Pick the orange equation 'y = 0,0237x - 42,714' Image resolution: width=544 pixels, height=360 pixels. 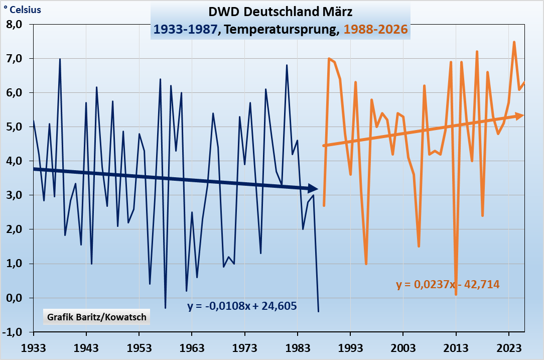(x=448, y=285)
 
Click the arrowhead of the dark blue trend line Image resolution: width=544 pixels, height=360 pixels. (x=313, y=189)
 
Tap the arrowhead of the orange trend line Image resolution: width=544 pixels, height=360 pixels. (x=520, y=115)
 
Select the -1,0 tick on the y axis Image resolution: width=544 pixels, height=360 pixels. (x=16, y=332)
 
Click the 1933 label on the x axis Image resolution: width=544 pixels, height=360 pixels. (x=33, y=348)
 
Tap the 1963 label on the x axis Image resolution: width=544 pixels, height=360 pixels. (x=192, y=348)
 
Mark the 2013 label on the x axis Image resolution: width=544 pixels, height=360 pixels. (x=456, y=348)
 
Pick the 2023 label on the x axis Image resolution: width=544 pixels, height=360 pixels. (x=509, y=348)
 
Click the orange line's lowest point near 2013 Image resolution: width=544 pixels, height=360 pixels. (x=456, y=294)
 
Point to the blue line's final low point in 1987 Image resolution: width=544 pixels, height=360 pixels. (x=318, y=311)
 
